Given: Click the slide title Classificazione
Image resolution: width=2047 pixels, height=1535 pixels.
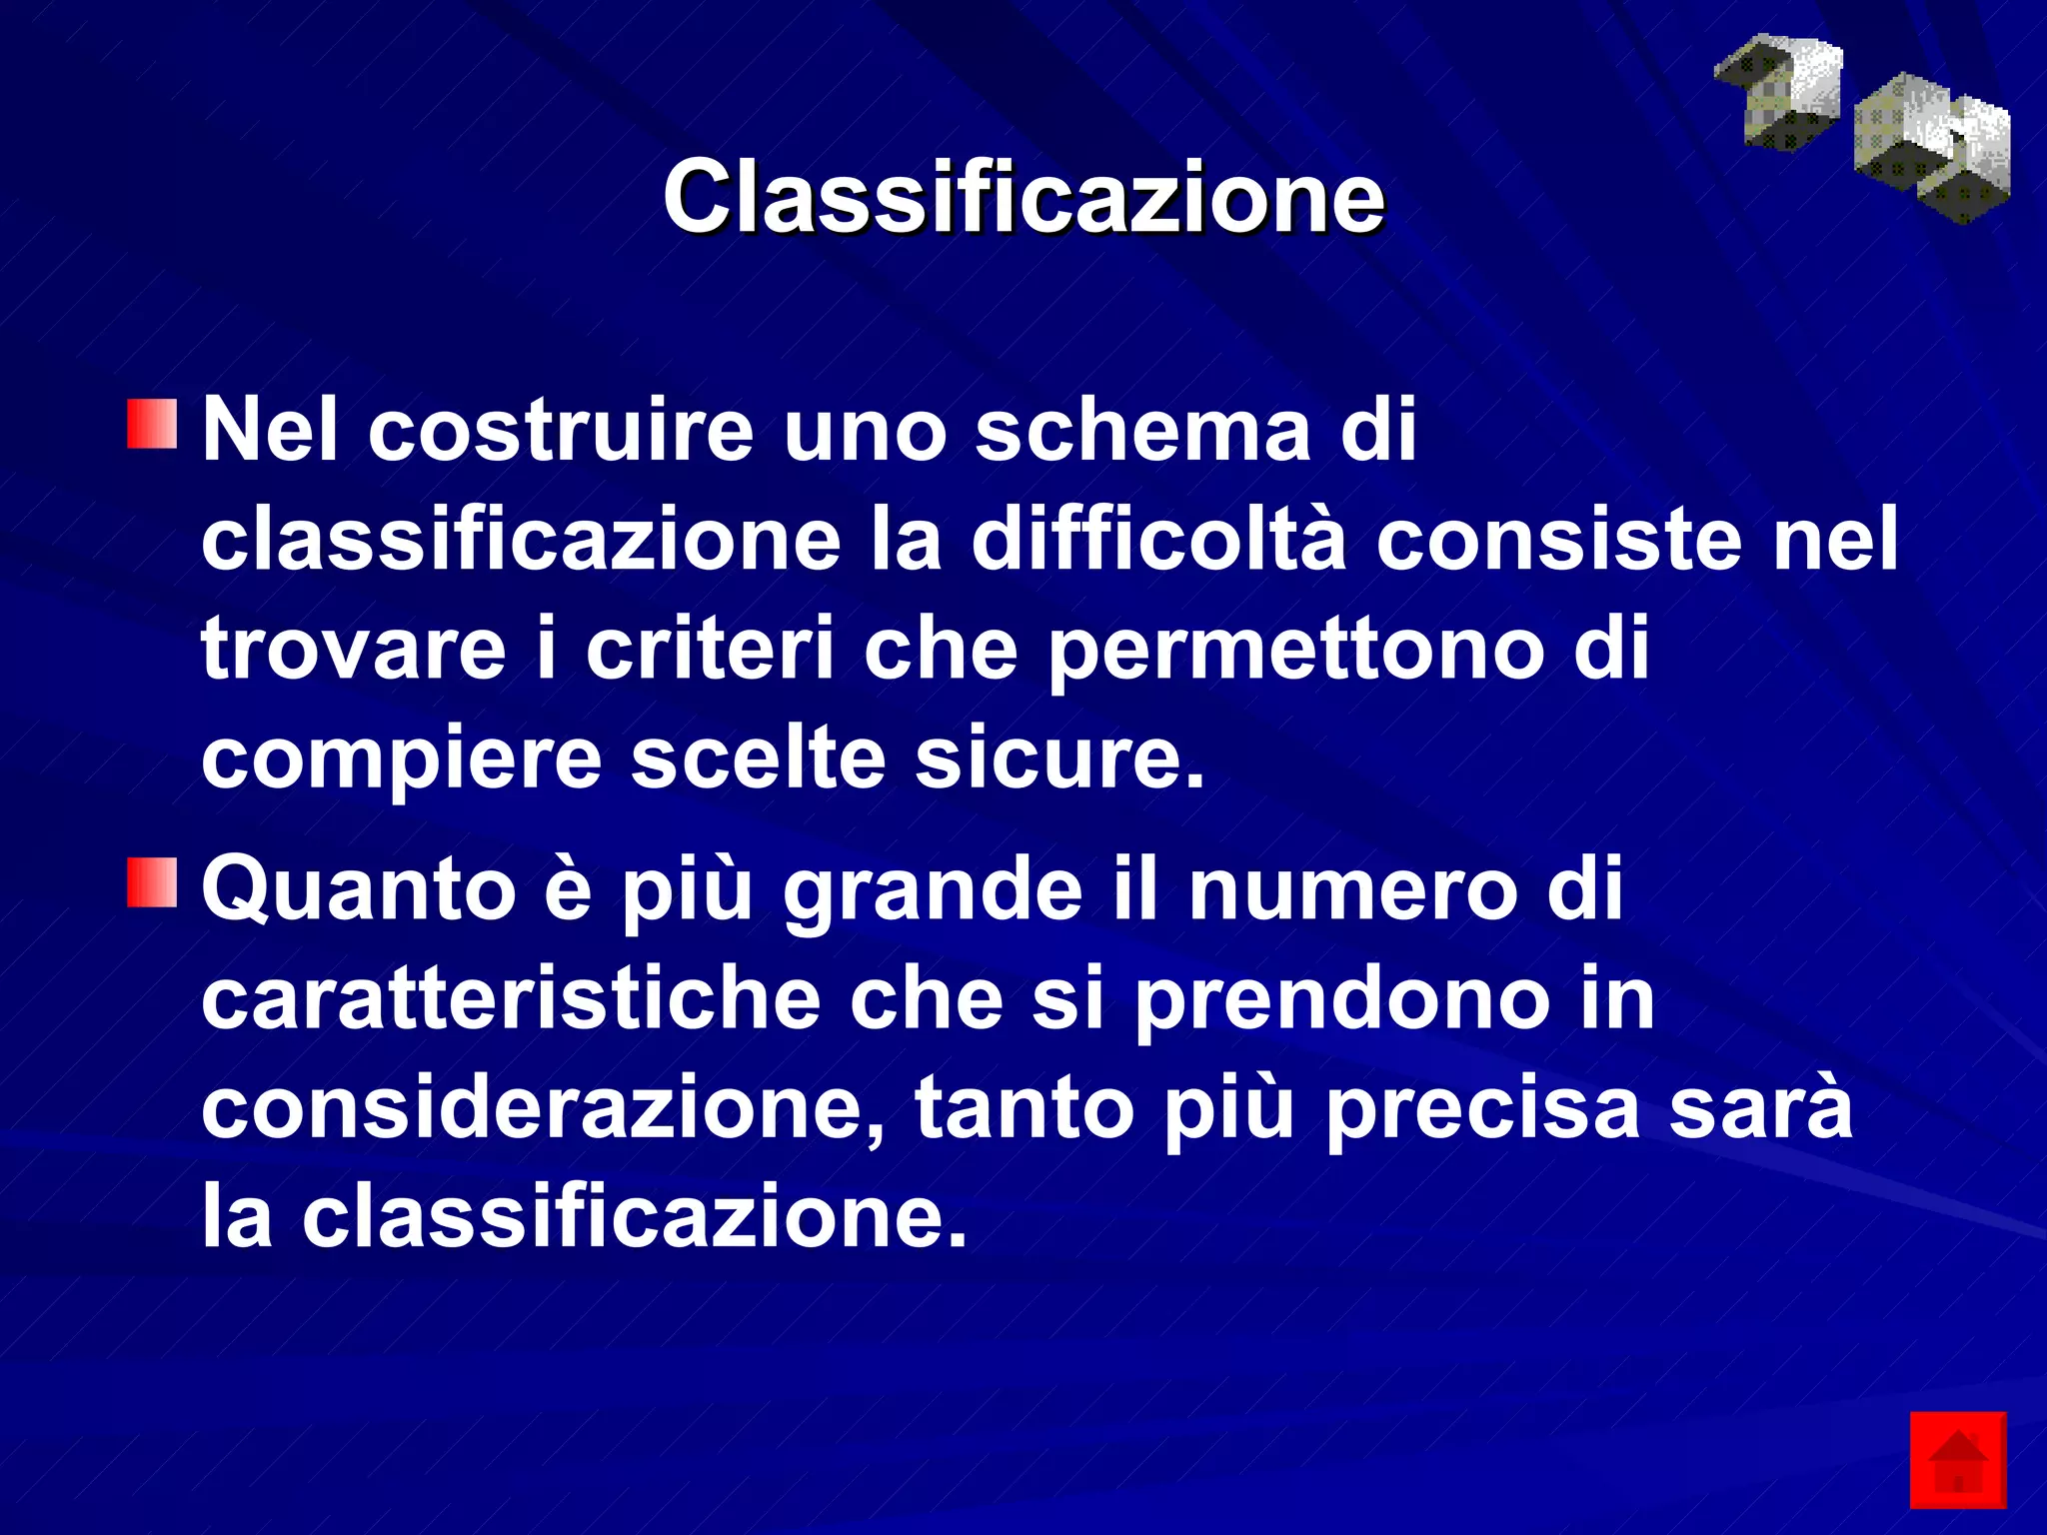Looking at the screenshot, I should (x=1023, y=197).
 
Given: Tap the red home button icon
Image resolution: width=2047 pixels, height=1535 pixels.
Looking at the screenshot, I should (x=1957, y=1460).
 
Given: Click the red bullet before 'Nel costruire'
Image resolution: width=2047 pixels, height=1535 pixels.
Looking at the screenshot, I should (x=152, y=425).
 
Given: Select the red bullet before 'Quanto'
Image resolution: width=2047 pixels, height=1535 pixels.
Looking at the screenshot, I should (x=152, y=881).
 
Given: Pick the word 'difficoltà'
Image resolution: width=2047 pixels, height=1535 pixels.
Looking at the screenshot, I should (x=1158, y=540).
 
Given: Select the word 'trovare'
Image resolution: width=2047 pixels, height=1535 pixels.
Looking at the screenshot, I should (x=353, y=649).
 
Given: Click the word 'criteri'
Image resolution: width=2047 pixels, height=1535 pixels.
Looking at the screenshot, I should (x=710, y=649).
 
